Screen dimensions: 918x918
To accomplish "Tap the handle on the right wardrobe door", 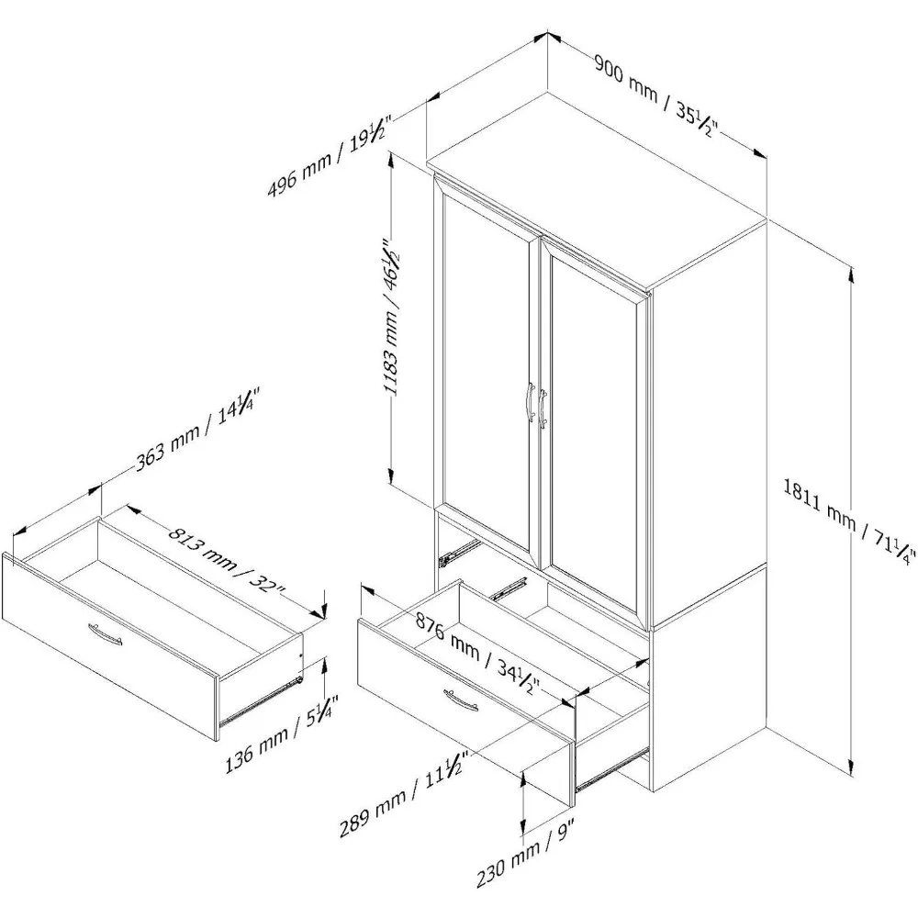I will (x=544, y=406).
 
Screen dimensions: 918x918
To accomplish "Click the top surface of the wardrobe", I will (x=597, y=184).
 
